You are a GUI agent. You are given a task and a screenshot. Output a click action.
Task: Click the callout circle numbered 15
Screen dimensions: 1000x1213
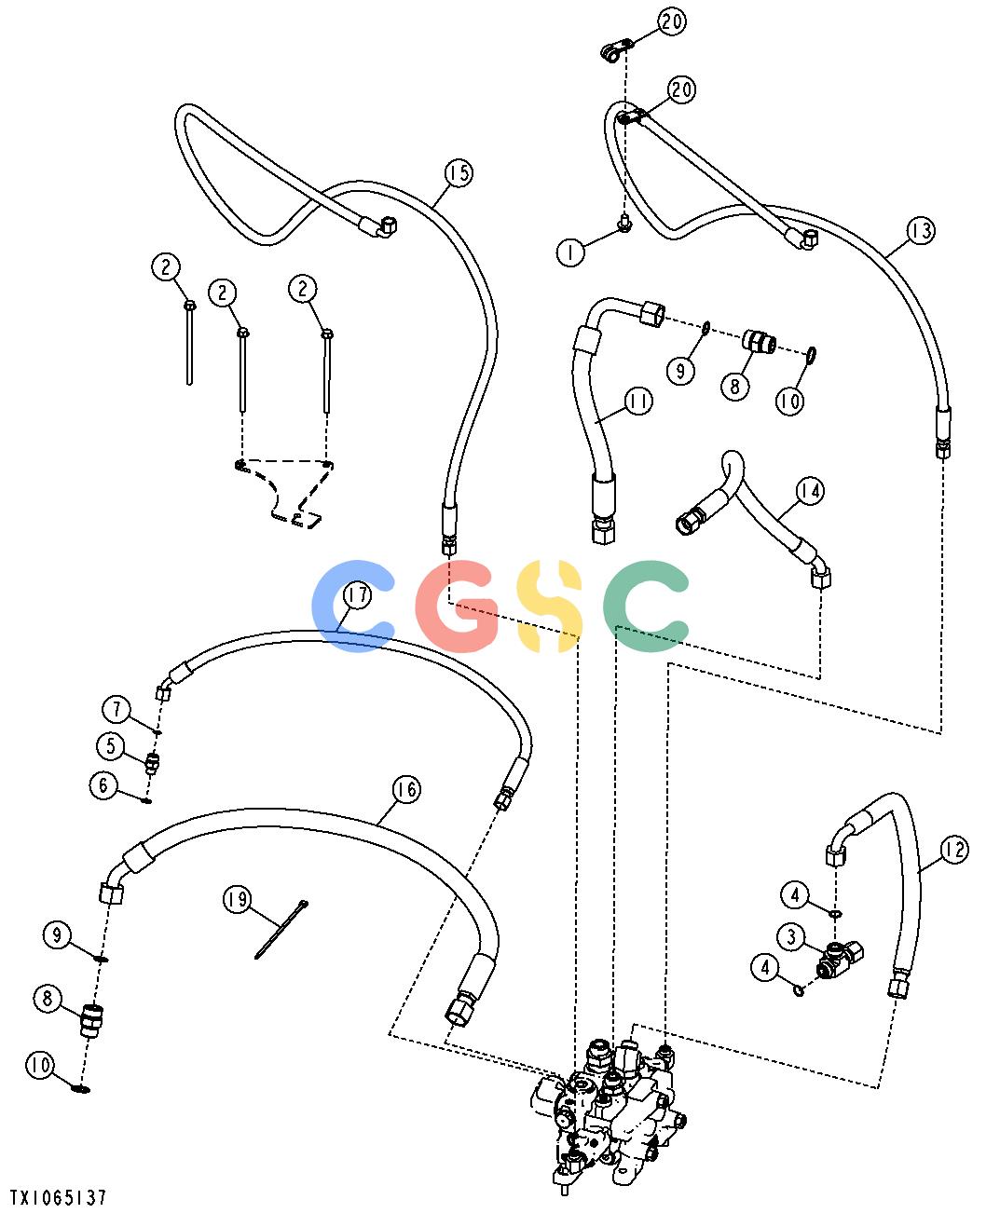coord(459,172)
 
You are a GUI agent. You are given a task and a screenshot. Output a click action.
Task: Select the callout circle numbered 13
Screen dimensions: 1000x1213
coord(921,231)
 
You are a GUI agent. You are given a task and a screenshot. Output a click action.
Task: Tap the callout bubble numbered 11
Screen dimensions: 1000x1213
coord(638,401)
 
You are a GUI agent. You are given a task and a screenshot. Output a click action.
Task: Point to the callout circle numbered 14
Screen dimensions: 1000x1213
coord(810,491)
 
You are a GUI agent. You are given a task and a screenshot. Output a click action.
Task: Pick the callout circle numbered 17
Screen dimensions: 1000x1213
coord(357,595)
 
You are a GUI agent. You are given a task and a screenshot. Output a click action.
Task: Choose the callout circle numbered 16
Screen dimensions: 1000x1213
coord(405,789)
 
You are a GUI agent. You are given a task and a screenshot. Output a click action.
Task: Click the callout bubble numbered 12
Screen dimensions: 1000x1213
coord(954,850)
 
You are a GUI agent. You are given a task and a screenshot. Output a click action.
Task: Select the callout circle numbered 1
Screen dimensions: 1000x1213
coord(570,252)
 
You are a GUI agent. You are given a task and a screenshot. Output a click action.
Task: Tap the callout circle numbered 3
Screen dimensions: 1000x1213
coord(792,936)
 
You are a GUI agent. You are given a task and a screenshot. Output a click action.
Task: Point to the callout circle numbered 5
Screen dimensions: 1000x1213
coord(111,745)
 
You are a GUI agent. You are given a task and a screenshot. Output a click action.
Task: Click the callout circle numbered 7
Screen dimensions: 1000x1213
coord(116,709)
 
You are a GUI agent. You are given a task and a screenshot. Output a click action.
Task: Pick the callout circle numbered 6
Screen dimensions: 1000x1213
coord(103,785)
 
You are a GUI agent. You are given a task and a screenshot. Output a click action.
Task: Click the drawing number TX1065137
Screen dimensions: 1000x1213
coord(58,1197)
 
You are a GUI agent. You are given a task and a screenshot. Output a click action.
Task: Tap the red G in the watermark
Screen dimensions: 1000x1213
coord(458,606)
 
